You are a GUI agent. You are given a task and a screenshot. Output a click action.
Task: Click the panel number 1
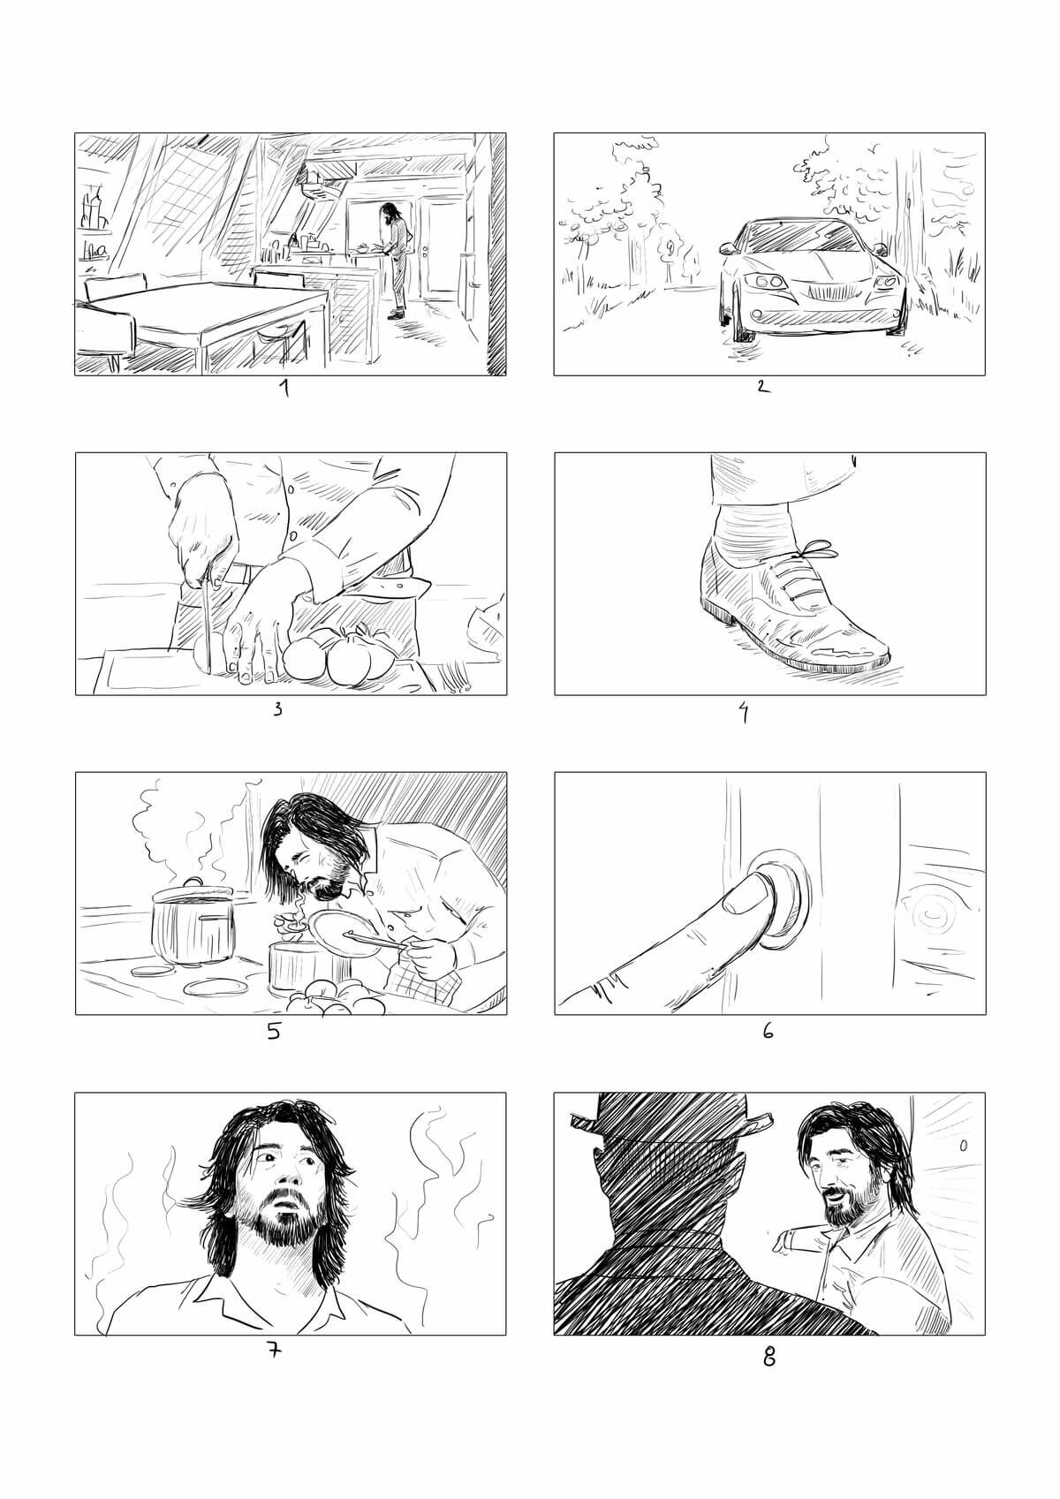pyautogui.click(x=285, y=388)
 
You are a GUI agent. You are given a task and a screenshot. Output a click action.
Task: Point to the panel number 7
pyautogui.click(x=275, y=1351)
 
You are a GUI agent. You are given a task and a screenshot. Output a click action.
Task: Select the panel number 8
pyautogui.click(x=768, y=1357)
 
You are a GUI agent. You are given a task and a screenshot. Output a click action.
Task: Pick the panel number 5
pyautogui.click(x=274, y=1031)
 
